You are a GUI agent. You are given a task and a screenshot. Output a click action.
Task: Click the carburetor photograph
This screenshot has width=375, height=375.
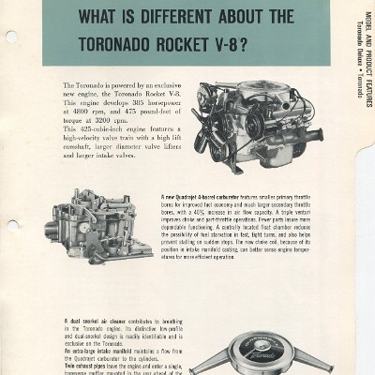coord(100,226)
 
